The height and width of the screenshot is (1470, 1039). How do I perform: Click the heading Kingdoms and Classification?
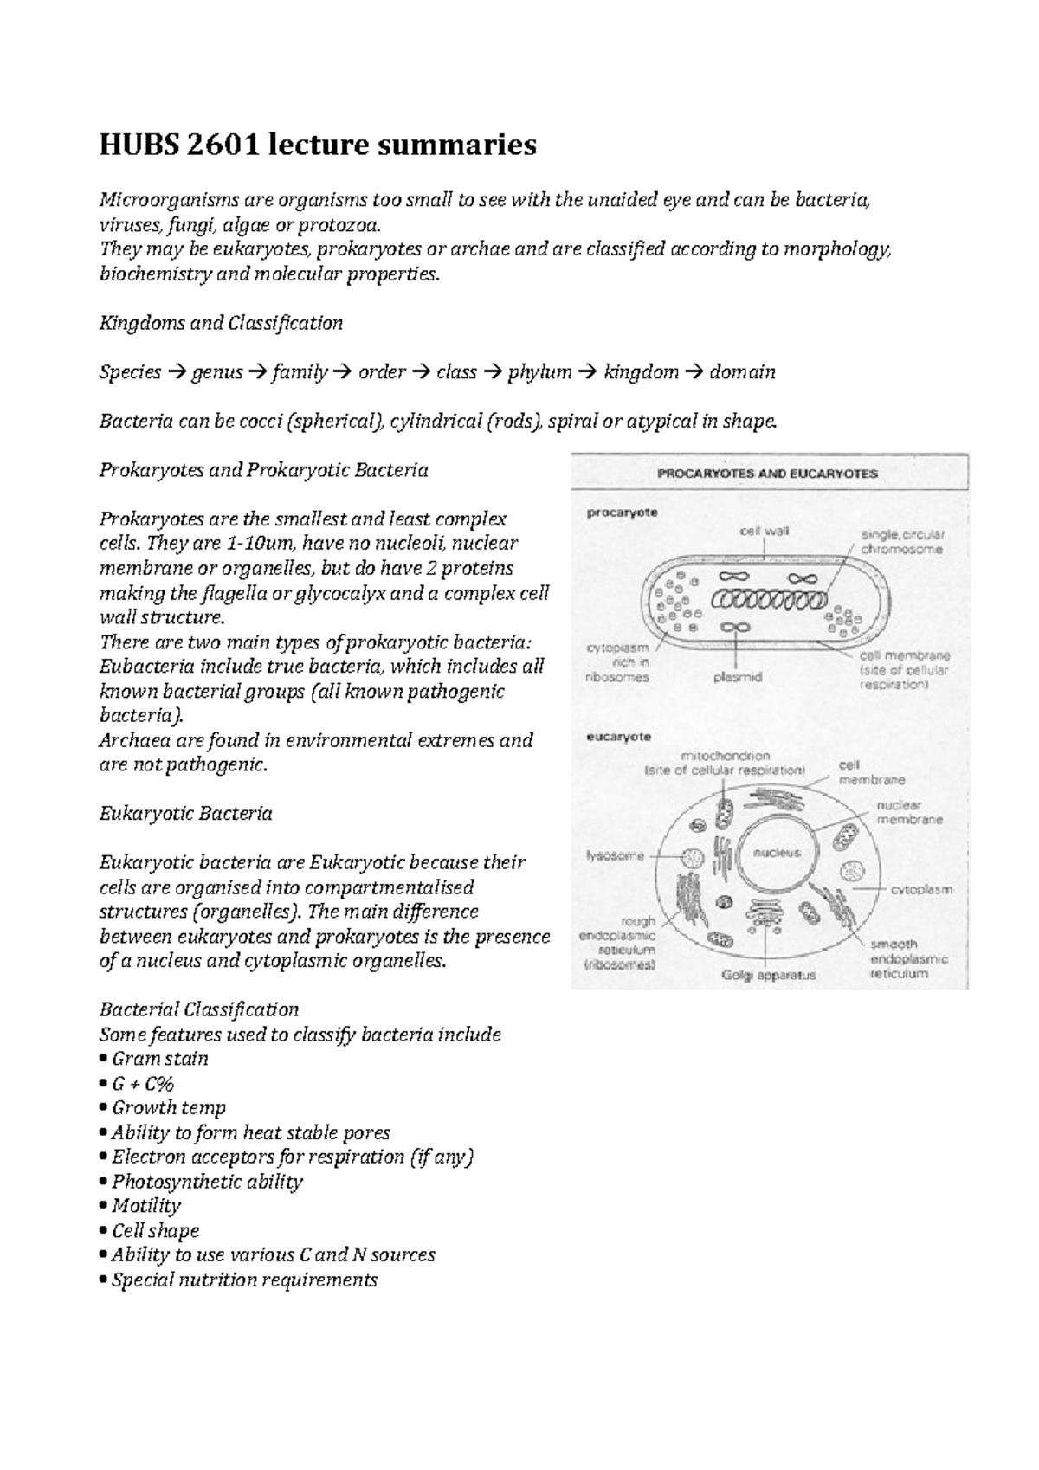point(221,324)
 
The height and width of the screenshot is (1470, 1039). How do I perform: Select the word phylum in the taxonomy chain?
point(539,372)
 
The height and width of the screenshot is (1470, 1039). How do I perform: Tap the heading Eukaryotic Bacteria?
point(186,814)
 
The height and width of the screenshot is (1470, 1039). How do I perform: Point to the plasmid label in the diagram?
point(738,678)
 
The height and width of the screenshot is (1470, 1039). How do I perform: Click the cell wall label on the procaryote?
point(764,531)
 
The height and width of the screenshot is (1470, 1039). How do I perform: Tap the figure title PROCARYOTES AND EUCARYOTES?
point(769,474)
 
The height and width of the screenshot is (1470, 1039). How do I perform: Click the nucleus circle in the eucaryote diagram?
point(777,853)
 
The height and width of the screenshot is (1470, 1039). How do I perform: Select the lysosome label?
point(616,856)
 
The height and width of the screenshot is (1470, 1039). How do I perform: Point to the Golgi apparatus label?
point(769,975)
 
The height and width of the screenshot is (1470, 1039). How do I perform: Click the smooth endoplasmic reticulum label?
point(908,958)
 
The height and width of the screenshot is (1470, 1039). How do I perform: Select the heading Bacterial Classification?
point(199,1009)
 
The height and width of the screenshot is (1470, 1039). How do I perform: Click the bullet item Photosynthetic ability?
point(207,1182)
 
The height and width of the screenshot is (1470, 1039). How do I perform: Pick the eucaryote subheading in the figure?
point(619,738)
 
